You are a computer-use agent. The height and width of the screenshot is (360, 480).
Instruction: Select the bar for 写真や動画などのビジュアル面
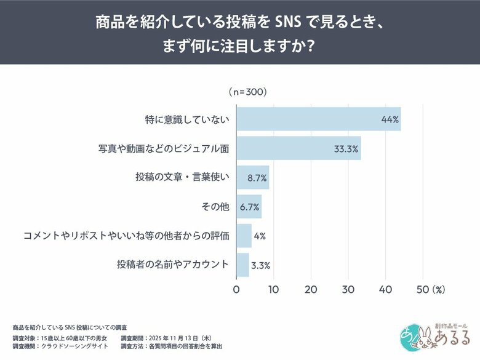[x=298, y=148]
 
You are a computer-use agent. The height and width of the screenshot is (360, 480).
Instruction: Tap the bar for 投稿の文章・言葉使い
[x=253, y=177]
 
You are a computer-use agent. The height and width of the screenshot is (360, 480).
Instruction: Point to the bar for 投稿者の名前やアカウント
[x=243, y=265]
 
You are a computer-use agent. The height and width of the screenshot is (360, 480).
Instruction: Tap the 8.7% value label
[x=257, y=178]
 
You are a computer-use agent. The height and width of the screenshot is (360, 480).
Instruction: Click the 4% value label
[x=259, y=236]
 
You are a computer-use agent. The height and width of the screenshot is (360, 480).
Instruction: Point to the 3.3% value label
[x=260, y=265]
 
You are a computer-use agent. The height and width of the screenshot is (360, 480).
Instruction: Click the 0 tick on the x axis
[x=237, y=289]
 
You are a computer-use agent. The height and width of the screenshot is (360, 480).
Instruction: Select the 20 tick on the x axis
[x=311, y=289]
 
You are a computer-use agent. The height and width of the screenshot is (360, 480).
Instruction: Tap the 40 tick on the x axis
[x=386, y=289]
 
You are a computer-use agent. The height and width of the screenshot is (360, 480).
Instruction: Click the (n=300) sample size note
[x=247, y=92]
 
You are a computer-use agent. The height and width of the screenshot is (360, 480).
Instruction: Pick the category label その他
[x=215, y=207]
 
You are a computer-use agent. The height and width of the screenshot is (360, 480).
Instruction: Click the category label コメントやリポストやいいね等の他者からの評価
[x=126, y=236]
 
